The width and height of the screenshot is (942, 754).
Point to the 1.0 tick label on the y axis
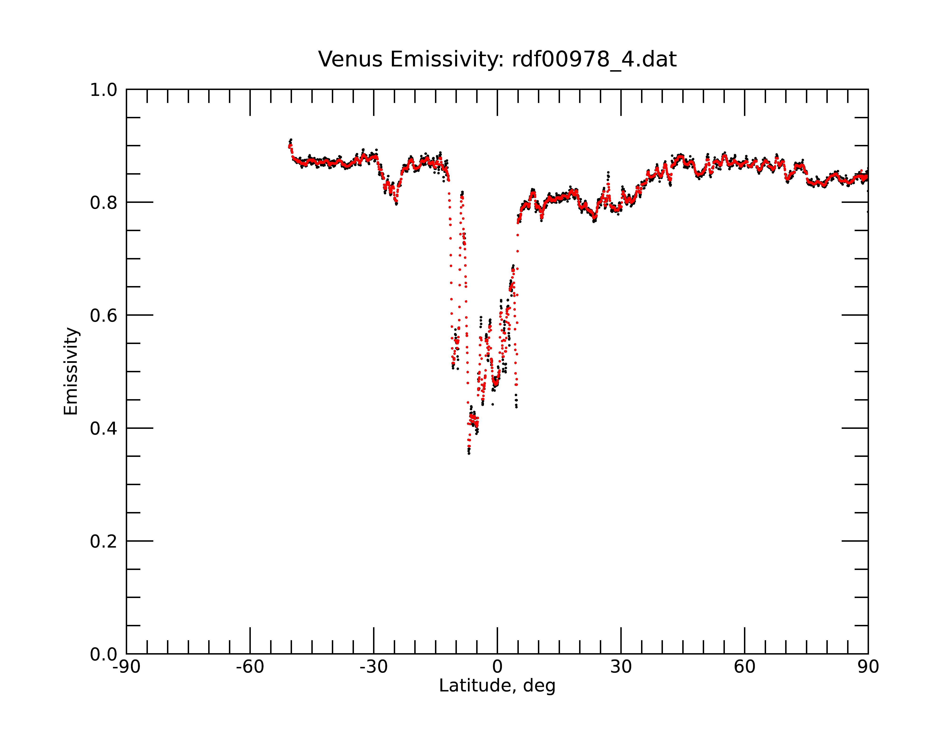104,90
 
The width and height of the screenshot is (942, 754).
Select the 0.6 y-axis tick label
104,316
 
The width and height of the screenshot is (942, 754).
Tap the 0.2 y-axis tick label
104,541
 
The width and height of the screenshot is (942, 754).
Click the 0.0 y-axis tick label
104,654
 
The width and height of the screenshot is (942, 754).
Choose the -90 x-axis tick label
126,667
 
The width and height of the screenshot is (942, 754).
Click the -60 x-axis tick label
250,667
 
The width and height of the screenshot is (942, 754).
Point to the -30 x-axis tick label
374,667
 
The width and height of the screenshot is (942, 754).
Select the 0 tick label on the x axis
497,667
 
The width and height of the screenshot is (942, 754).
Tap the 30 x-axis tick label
621,667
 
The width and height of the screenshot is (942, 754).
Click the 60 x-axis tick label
744,667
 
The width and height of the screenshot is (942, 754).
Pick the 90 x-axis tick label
868,667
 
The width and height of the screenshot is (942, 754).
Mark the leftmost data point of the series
289,147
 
